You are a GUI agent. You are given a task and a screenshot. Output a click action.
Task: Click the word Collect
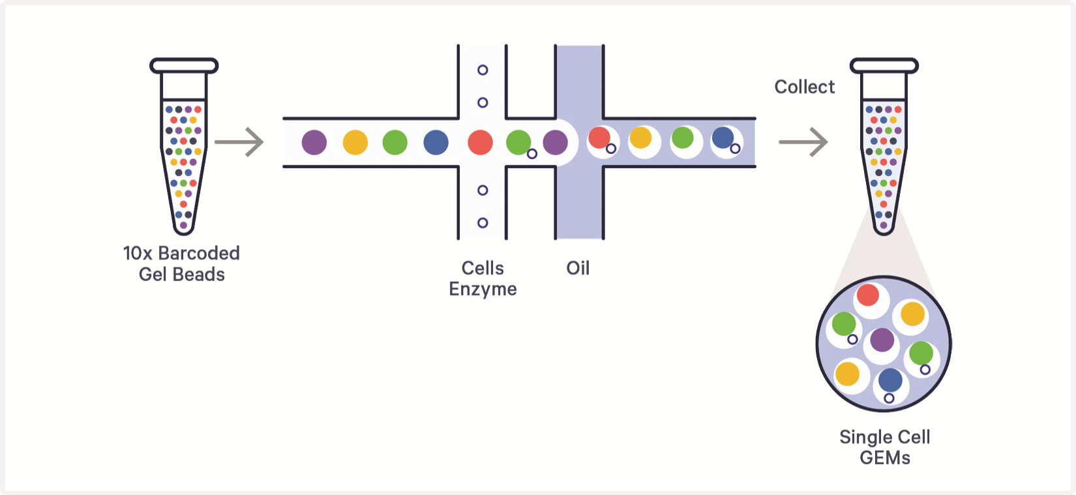pos(805,87)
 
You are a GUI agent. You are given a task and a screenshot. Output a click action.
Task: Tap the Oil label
pos(578,268)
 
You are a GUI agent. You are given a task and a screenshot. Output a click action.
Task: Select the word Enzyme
pos(483,290)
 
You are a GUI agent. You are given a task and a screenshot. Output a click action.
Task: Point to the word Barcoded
pos(199,253)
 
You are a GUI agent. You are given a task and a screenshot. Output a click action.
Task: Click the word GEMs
pos(885,458)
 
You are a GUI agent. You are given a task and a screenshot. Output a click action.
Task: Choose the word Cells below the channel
pos(483,268)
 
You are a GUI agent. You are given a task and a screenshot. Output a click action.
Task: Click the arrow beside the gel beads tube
pos(239,142)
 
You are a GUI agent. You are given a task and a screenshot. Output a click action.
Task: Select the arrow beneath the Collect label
pos(803,142)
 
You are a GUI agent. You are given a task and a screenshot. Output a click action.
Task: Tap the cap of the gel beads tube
pos(184,66)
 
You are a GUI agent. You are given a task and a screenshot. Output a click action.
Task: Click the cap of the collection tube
pos(884,66)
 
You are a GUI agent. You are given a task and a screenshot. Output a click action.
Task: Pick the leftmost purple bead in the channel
pos(314,142)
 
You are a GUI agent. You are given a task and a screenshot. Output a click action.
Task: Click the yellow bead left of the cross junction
pos(355,142)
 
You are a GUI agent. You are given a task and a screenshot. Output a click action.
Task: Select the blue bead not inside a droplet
pos(436,142)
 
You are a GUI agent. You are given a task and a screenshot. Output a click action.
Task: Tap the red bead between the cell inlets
pos(481,142)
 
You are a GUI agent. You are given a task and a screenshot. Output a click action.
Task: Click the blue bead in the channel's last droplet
pos(723,138)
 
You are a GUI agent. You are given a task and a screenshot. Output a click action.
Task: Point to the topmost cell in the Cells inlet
pos(483,70)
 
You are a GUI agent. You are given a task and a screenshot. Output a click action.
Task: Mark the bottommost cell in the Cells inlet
pos(483,222)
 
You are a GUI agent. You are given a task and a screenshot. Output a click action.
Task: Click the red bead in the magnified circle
pos(868,295)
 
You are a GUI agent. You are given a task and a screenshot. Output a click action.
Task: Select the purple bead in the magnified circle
pos(882,340)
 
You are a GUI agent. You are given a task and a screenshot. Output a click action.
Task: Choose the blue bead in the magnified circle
pos(890,381)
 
